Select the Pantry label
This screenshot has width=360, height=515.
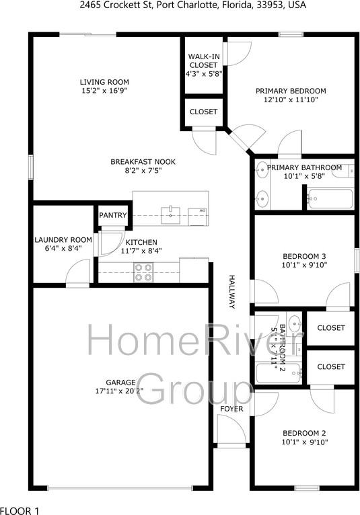(x=112, y=215)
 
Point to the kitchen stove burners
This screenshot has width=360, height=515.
(x=143, y=272)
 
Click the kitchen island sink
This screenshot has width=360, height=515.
(x=172, y=215)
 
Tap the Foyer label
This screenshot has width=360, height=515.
(x=232, y=409)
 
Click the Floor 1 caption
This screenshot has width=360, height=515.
(x=20, y=510)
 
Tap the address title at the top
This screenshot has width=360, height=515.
(x=180, y=6)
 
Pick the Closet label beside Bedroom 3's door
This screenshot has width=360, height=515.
(x=330, y=328)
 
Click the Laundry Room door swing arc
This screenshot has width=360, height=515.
(x=79, y=274)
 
